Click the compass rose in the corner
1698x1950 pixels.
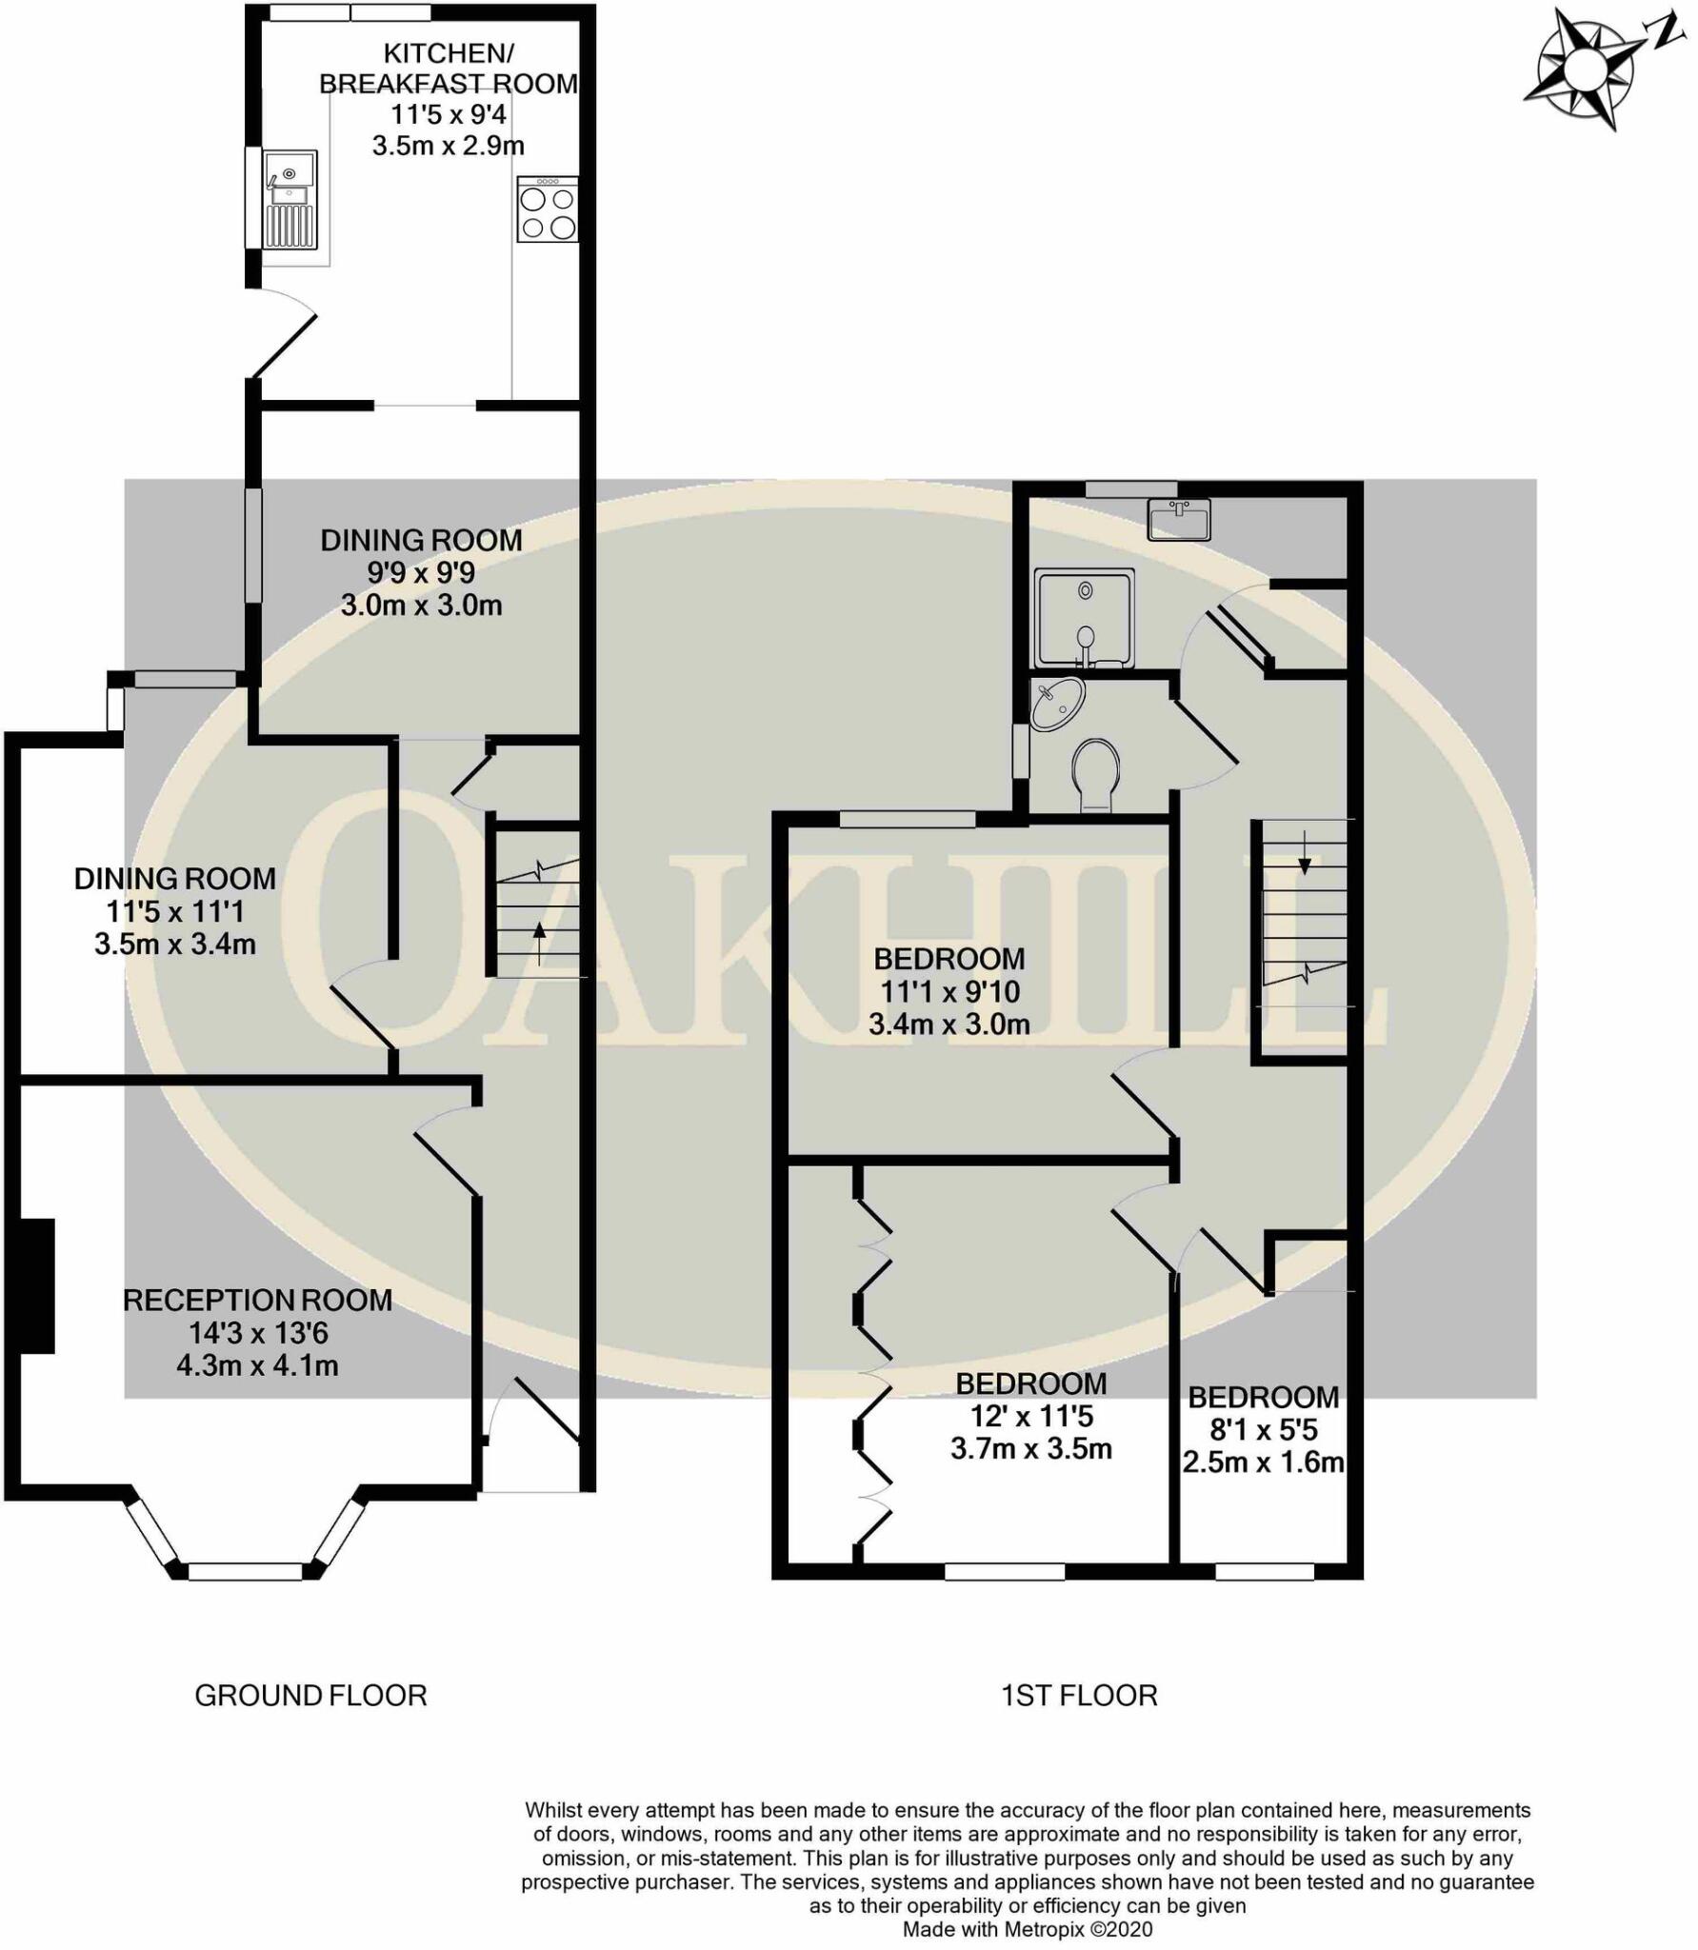click(1583, 71)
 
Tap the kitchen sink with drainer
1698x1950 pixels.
click(290, 200)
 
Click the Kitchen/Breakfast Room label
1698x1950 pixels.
click(448, 69)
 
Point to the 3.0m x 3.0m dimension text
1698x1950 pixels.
click(421, 606)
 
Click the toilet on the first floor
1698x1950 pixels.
click(1096, 773)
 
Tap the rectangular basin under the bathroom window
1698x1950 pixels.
click(1178, 520)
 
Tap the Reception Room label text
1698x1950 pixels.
click(257, 1301)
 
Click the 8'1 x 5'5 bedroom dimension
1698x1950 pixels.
click(1264, 1429)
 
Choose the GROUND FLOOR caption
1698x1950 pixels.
click(310, 1696)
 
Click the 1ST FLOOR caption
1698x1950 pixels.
click(1079, 1696)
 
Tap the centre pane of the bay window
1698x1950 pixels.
click(245, 1572)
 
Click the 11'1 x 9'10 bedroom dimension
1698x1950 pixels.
click(949, 992)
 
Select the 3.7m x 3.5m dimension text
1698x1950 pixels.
click(1031, 1449)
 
